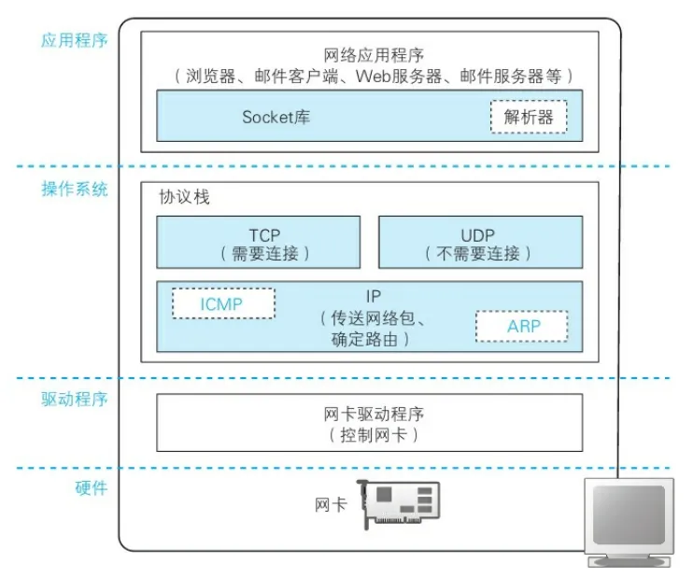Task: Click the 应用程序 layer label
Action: click(x=75, y=41)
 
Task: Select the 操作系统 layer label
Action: click(x=75, y=190)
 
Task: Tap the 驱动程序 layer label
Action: click(x=75, y=400)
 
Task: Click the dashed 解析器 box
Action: click(x=528, y=118)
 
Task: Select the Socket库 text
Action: click(x=276, y=118)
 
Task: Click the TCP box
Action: click(x=258, y=243)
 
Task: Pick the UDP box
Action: click(x=480, y=243)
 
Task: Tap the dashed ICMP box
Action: click(x=223, y=303)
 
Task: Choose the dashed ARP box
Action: click(x=521, y=326)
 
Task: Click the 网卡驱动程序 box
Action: click(x=369, y=422)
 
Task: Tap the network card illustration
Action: click(x=399, y=505)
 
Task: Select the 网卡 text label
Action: click(x=331, y=504)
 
